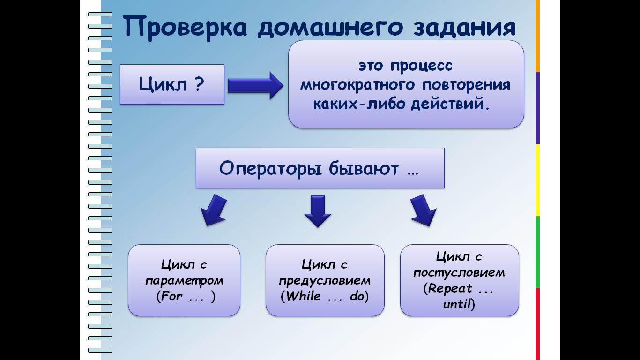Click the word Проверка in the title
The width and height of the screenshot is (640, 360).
185,28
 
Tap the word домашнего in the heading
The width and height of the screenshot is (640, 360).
330,28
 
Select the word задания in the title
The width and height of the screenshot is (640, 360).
465,28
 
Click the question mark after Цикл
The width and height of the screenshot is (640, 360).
200,84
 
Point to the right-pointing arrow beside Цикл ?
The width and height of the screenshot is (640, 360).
255,85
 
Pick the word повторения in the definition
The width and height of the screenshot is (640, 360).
466,85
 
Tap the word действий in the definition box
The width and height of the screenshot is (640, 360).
448,103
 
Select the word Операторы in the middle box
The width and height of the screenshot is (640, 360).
270,168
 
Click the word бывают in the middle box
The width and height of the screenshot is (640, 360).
364,168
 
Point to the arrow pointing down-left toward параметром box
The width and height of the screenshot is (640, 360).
214,210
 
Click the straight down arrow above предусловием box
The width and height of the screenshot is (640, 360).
318,211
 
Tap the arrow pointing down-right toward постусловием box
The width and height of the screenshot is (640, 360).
424,210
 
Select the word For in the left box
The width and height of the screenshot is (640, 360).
171,296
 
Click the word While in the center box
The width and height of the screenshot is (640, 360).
304,296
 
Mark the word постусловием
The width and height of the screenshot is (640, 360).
459,273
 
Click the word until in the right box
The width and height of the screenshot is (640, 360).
457,304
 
